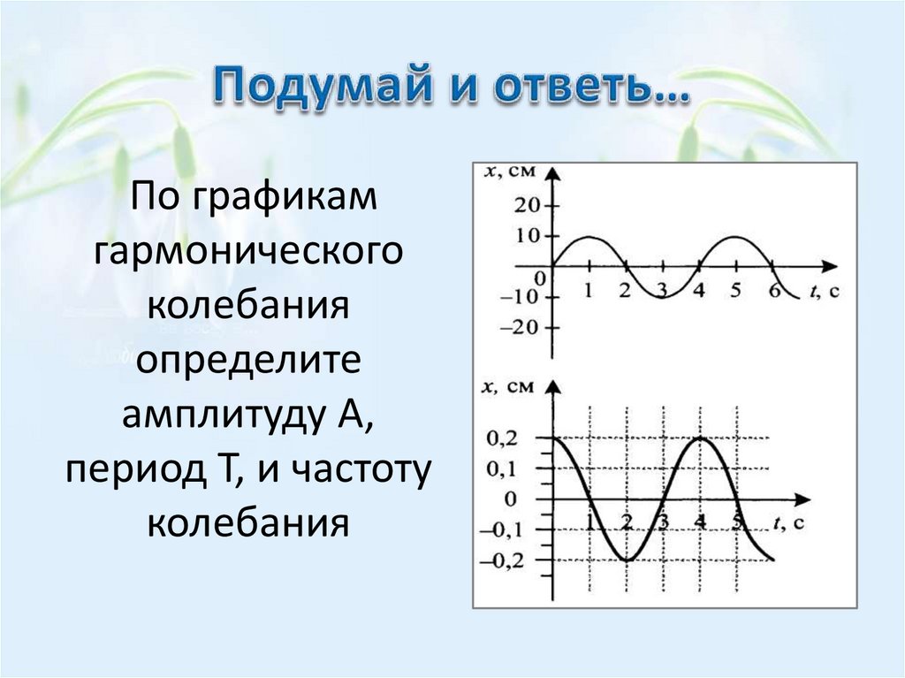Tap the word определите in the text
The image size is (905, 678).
[x=249, y=360]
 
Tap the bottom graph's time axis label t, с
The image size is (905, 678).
[x=787, y=522]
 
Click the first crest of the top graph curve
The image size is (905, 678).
[x=589, y=237]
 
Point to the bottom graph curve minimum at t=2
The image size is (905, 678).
[x=626, y=560]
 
